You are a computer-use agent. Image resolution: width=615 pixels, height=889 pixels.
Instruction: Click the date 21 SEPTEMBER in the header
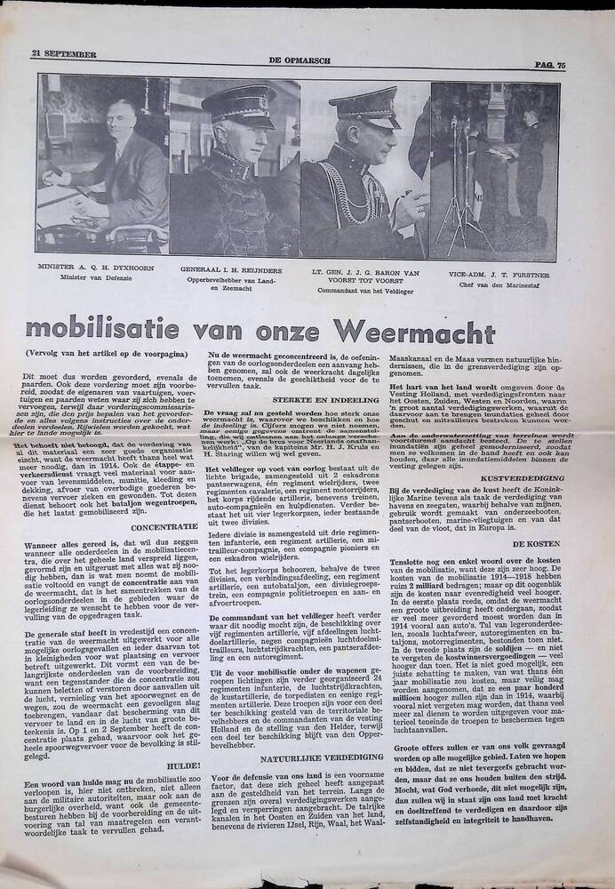(63, 54)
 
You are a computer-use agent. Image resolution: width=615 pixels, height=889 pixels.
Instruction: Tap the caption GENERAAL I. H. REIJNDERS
(235, 267)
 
